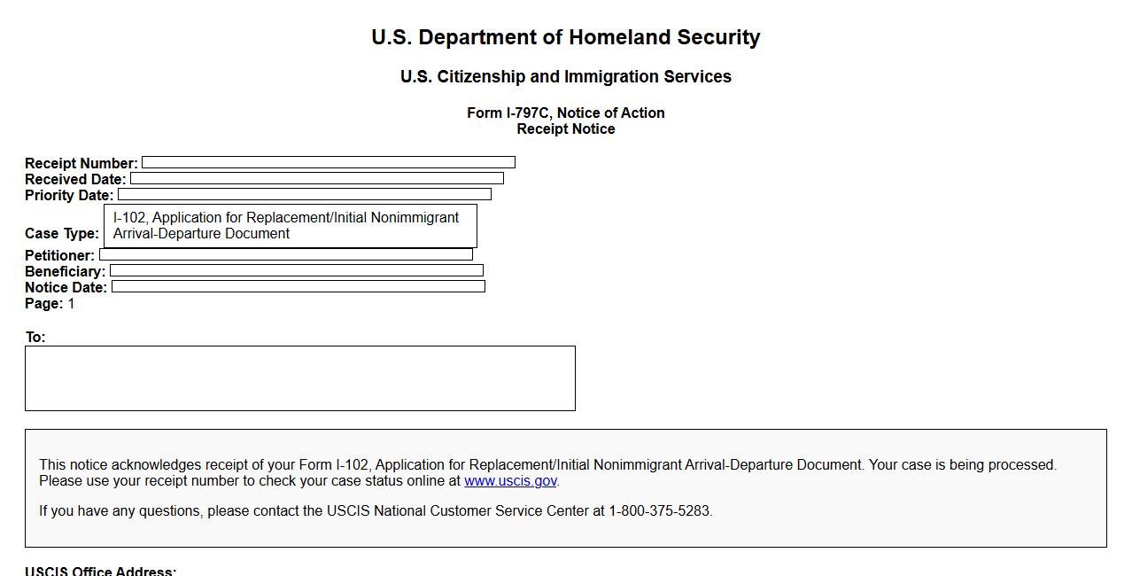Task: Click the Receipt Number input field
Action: (x=328, y=162)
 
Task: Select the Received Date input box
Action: (x=316, y=178)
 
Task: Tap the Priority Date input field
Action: (x=304, y=194)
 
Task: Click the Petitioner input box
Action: (x=285, y=254)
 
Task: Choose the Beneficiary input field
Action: (x=296, y=270)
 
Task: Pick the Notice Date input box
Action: (x=298, y=286)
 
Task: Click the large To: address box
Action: (x=299, y=378)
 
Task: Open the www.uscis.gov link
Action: (x=510, y=481)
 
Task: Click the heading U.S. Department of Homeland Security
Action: (x=565, y=37)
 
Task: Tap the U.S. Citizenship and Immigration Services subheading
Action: (x=565, y=77)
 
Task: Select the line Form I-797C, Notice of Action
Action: (x=565, y=113)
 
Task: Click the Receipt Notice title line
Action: (x=565, y=129)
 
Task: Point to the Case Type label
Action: (x=61, y=234)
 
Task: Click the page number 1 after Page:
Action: (x=72, y=304)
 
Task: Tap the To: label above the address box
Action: (x=35, y=338)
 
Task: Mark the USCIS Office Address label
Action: (x=100, y=571)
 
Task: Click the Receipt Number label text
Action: (x=81, y=163)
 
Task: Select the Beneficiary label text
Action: (x=65, y=271)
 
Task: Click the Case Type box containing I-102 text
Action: (x=290, y=226)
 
